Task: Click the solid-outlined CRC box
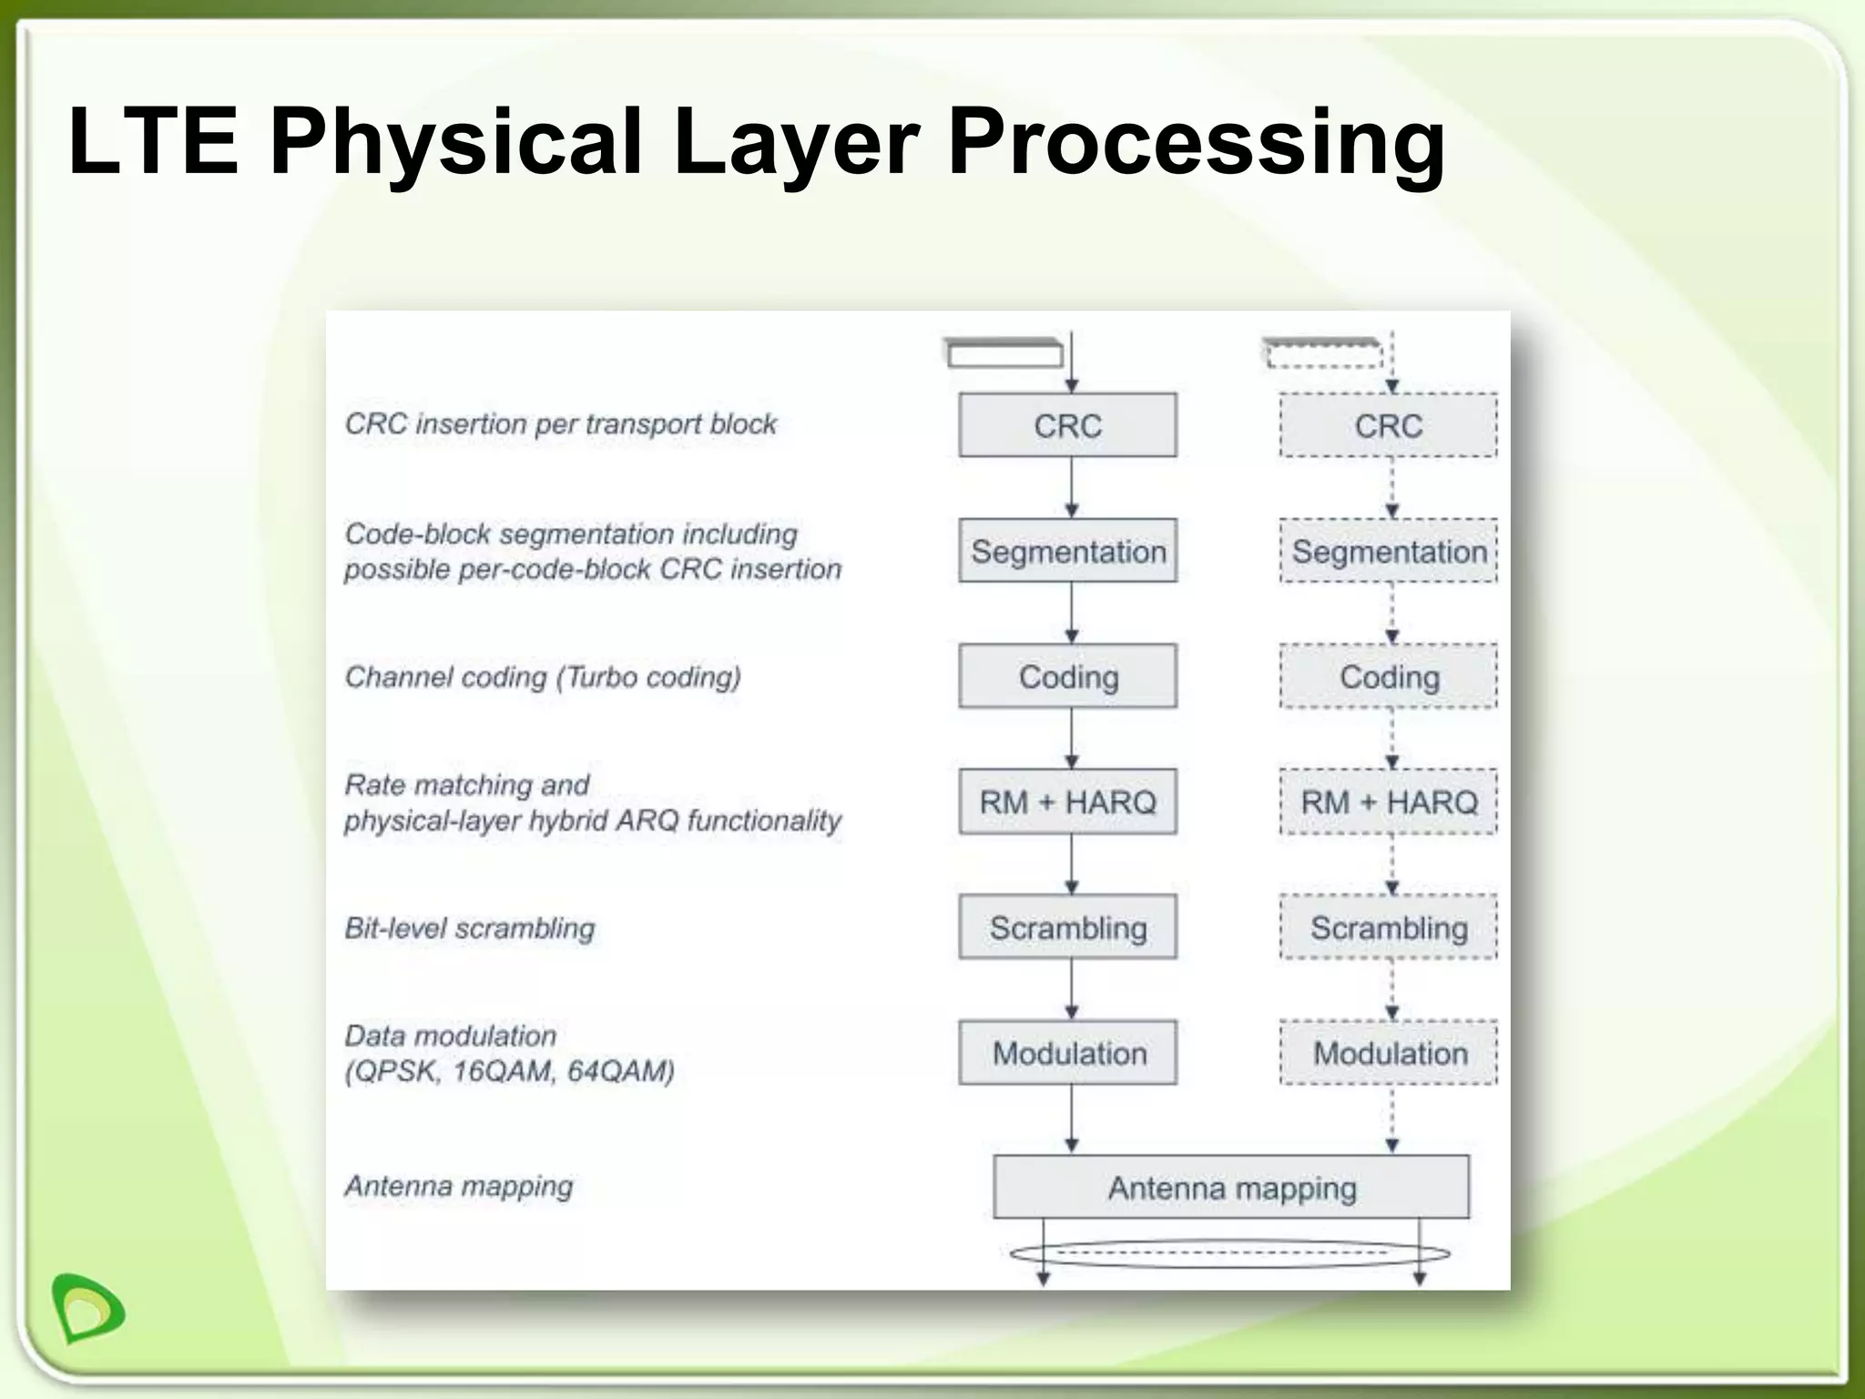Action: pyautogui.click(x=1067, y=425)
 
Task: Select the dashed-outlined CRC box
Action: pyautogui.click(x=1388, y=425)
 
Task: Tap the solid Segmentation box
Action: pyautogui.click(x=1067, y=551)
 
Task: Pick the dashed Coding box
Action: pyautogui.click(x=1388, y=677)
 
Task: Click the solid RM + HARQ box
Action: pyautogui.click(x=1067, y=802)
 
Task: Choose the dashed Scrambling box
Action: pyautogui.click(x=1388, y=927)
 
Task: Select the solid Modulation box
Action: pyautogui.click(x=1067, y=1053)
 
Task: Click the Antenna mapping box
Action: pyautogui.click(x=1231, y=1188)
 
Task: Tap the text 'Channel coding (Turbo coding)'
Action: pyautogui.click(x=543, y=677)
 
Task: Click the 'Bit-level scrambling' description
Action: pyautogui.click(x=469, y=928)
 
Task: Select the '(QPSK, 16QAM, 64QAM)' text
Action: pyautogui.click(x=509, y=1071)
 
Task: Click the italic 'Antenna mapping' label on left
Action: pyautogui.click(x=459, y=1186)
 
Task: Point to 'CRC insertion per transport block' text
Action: pyautogui.click(x=560, y=424)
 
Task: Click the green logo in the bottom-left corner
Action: pyautogui.click(x=88, y=1308)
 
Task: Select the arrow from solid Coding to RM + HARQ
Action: pyautogui.click(x=1072, y=739)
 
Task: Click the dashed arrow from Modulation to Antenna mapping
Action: pyautogui.click(x=1392, y=1119)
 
